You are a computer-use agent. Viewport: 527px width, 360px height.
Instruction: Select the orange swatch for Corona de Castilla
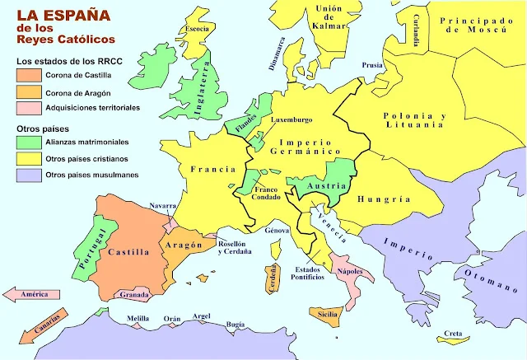(x=27, y=77)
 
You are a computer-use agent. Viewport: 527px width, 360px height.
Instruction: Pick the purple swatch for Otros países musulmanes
(x=27, y=175)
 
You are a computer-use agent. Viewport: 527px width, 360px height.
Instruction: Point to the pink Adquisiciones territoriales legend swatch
(x=27, y=107)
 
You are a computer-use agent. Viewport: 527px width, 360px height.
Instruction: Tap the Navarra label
(x=164, y=205)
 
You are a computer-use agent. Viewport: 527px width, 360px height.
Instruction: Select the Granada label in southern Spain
(x=134, y=294)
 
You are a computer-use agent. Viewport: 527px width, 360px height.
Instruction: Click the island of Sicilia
(x=329, y=314)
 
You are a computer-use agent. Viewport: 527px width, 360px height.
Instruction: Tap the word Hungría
(x=385, y=199)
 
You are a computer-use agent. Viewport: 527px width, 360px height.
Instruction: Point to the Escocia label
(x=198, y=27)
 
